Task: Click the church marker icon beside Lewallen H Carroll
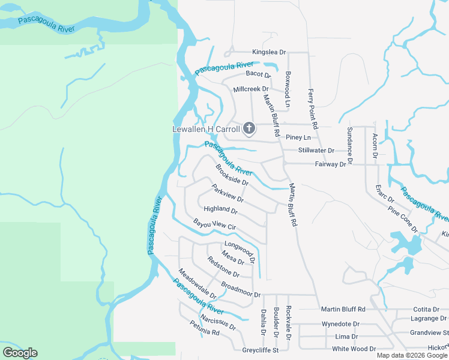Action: point(249,128)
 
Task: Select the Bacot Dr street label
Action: point(259,74)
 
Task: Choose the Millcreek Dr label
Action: point(250,89)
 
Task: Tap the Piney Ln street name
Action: point(297,137)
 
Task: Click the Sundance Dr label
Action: point(350,146)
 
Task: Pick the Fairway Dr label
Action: point(331,164)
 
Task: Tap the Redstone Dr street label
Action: point(223,266)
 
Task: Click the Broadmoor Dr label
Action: point(241,289)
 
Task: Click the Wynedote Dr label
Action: point(340,323)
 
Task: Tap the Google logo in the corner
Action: point(20,353)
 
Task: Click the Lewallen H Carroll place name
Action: point(206,129)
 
